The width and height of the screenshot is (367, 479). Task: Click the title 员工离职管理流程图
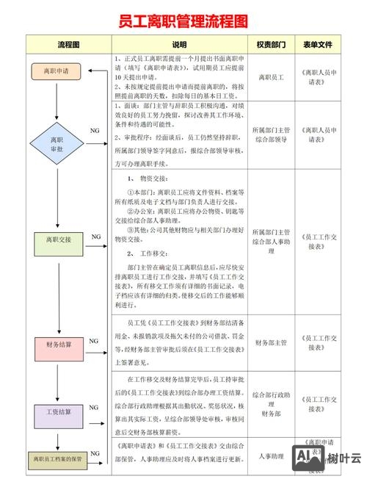[183, 19]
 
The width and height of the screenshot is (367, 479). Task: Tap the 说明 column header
[179, 45]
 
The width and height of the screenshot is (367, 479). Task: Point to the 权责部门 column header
[270, 45]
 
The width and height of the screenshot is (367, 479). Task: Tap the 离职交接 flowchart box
[57, 239]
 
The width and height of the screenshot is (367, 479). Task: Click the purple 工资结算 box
[57, 411]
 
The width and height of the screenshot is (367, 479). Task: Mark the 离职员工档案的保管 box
[57, 459]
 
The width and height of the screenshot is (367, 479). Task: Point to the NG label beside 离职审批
[95, 130]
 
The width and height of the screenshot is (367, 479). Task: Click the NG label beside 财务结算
[94, 342]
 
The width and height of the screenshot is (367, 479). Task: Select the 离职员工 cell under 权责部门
[270, 76]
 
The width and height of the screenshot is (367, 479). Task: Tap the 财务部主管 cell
[270, 342]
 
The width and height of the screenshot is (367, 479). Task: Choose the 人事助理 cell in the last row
[270, 456]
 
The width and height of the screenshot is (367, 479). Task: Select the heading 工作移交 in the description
[154, 253]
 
